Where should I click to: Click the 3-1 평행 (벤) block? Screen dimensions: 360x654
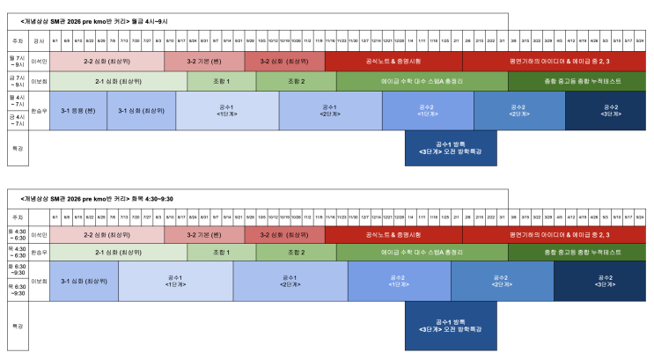78,111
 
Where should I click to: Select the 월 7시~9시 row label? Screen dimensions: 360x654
16,62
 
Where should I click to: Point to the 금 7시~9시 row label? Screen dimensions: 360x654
16,81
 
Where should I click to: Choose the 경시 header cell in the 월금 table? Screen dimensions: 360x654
39,40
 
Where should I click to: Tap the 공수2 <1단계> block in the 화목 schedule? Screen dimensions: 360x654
400,281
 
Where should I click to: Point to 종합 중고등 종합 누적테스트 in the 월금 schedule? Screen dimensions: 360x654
576,81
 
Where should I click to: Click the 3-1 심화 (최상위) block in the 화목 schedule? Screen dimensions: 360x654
84,281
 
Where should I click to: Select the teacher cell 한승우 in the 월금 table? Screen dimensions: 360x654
39,111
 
